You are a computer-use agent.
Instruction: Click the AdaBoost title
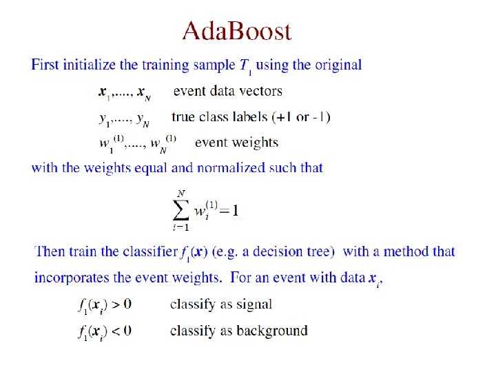coord(236,31)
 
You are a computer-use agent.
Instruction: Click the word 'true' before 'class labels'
coord(185,117)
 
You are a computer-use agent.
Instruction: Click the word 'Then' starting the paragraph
coord(49,251)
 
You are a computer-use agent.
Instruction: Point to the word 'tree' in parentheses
coord(319,251)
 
